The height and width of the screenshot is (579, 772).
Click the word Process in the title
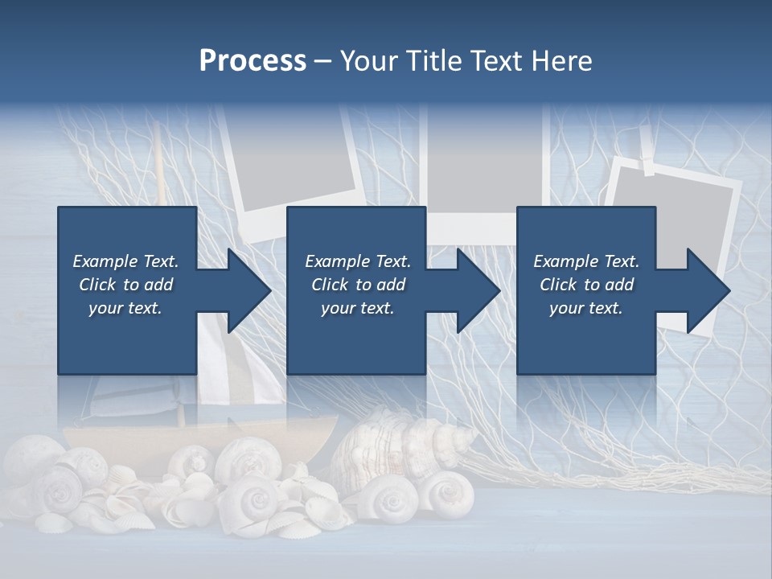(x=253, y=61)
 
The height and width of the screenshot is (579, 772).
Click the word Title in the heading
(x=437, y=61)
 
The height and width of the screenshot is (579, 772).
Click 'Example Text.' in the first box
(x=126, y=261)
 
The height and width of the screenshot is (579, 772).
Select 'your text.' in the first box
(x=126, y=308)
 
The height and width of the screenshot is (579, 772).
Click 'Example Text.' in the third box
(x=586, y=261)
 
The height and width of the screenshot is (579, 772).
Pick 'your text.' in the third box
(x=586, y=308)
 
